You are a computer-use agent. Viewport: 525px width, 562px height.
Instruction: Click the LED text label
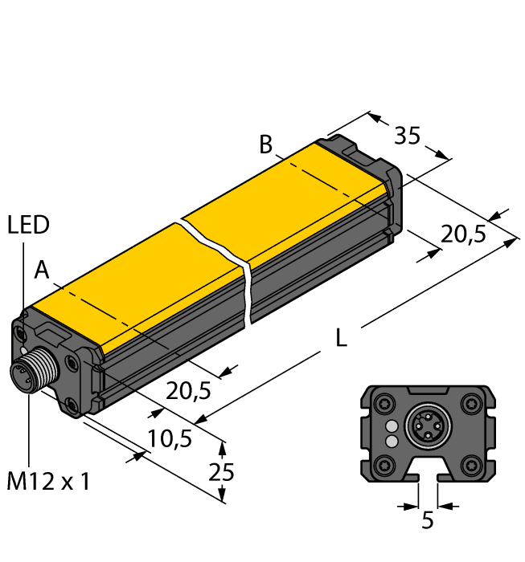pyautogui.click(x=28, y=226)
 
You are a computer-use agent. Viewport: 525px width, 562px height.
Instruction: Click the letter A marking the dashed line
pyautogui.click(x=43, y=272)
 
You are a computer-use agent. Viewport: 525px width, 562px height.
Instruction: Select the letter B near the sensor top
pyautogui.click(x=266, y=146)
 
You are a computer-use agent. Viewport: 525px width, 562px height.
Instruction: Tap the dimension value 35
pyautogui.click(x=408, y=136)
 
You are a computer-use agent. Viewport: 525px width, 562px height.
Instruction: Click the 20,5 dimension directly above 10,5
pyautogui.click(x=189, y=391)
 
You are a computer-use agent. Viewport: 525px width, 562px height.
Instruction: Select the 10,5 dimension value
pyautogui.click(x=170, y=438)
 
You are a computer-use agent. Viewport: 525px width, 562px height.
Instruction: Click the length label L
pyautogui.click(x=341, y=340)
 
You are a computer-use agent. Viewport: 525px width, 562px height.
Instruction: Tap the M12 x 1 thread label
pyautogui.click(x=49, y=482)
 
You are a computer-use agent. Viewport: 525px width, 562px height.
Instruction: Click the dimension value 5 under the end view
pyautogui.click(x=428, y=521)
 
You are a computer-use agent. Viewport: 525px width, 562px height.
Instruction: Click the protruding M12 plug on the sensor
pyautogui.click(x=24, y=375)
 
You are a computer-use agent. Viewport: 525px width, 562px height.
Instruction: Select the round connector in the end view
pyautogui.click(x=427, y=430)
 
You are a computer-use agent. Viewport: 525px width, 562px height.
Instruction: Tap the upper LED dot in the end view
pyautogui.click(x=392, y=426)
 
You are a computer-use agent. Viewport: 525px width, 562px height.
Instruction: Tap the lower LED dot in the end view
pyautogui.click(x=392, y=441)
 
